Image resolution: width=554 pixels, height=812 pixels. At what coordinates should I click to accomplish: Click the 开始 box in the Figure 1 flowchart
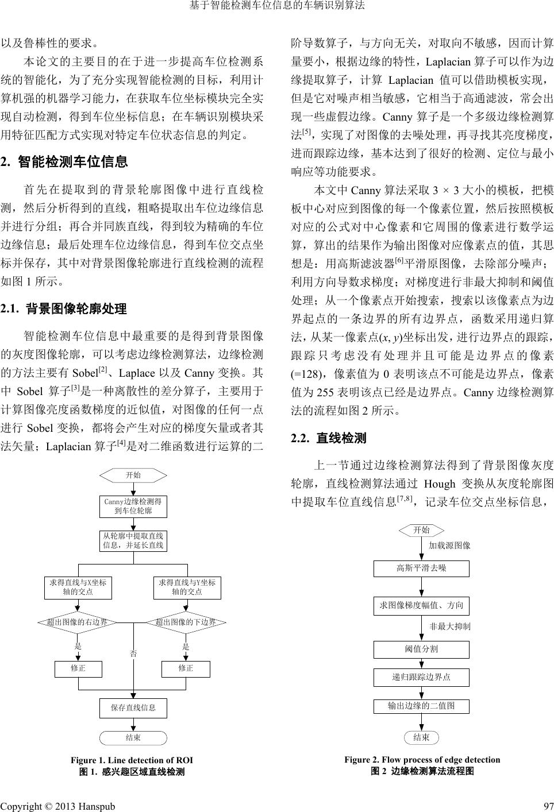pos(133,475)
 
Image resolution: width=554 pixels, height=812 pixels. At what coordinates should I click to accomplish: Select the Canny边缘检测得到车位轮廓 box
pos(133,506)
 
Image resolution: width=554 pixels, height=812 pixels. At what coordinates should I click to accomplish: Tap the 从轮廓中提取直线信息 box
pos(133,541)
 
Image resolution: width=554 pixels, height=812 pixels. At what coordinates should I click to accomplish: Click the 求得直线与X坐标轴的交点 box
pos(78,587)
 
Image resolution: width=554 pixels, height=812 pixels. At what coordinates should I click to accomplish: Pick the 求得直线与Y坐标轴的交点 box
pos(187,587)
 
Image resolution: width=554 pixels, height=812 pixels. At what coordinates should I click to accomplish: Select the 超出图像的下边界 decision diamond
pos(186,622)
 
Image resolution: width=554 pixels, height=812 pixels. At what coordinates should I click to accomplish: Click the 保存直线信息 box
pos(133,708)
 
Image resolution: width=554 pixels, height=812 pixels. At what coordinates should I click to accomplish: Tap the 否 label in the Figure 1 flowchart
pos(133,654)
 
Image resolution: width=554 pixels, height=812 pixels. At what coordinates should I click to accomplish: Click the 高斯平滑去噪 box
pos(421,569)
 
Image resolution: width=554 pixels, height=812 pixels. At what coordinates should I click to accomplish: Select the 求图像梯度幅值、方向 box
pos(421,605)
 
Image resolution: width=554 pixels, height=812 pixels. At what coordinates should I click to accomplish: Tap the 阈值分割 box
pos(421,649)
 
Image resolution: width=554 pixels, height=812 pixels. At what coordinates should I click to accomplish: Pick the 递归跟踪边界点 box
pos(421,678)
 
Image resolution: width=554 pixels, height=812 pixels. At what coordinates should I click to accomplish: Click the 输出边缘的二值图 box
pos(421,706)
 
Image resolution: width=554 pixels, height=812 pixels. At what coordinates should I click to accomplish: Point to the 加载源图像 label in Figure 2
pos(450,546)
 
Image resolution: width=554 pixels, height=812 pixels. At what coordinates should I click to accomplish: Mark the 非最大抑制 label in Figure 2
pos(450,627)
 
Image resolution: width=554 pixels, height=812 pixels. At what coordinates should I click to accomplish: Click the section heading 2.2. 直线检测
pos(329,439)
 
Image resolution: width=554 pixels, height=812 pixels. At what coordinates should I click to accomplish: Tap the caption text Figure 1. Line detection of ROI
pos(132,760)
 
